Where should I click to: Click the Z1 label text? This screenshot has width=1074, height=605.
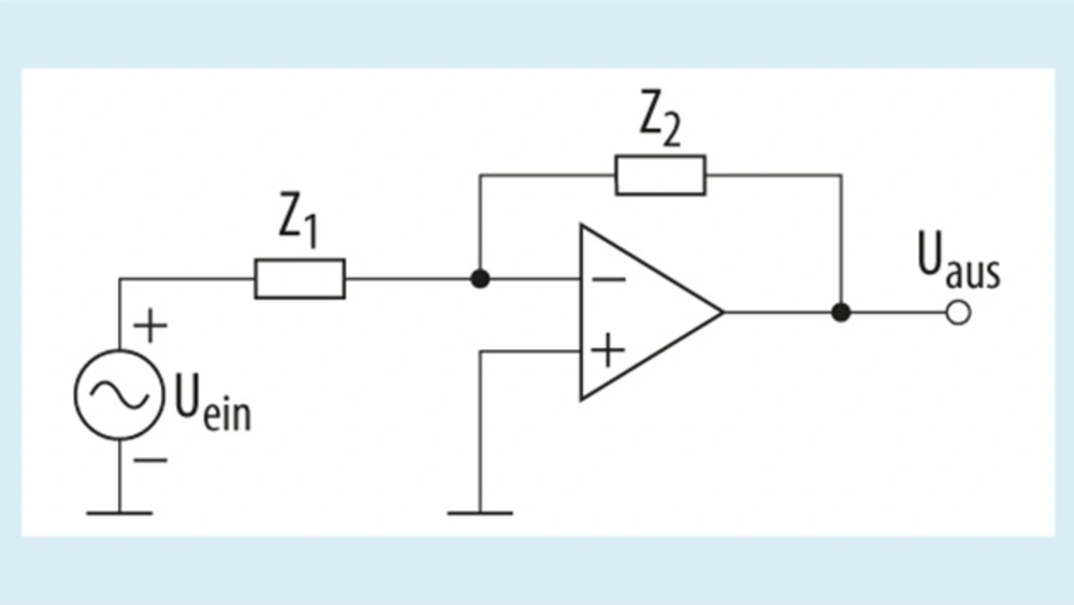(x=298, y=221)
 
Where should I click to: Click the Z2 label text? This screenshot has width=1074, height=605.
(x=660, y=118)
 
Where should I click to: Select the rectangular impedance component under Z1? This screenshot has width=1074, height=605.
(x=300, y=279)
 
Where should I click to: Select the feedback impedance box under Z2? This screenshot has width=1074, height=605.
(x=660, y=175)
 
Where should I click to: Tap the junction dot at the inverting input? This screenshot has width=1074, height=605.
(x=480, y=279)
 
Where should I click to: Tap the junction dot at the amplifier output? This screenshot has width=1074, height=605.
(x=841, y=312)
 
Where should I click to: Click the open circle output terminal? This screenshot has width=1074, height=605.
(x=958, y=313)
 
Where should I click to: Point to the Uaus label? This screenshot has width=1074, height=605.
(x=959, y=261)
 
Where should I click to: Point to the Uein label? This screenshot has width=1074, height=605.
(x=212, y=403)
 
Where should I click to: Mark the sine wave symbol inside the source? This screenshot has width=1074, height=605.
(x=119, y=394)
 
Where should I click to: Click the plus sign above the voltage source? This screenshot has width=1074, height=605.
(x=150, y=326)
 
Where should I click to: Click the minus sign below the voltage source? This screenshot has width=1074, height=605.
(x=150, y=460)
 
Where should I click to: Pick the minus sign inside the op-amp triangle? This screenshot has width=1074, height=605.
(x=609, y=279)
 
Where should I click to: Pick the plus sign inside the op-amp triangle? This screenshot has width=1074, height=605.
(x=608, y=351)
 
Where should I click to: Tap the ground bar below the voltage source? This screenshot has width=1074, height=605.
(x=119, y=513)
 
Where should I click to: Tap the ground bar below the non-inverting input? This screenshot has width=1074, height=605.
(x=480, y=513)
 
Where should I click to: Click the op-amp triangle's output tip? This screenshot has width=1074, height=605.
(x=723, y=312)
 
